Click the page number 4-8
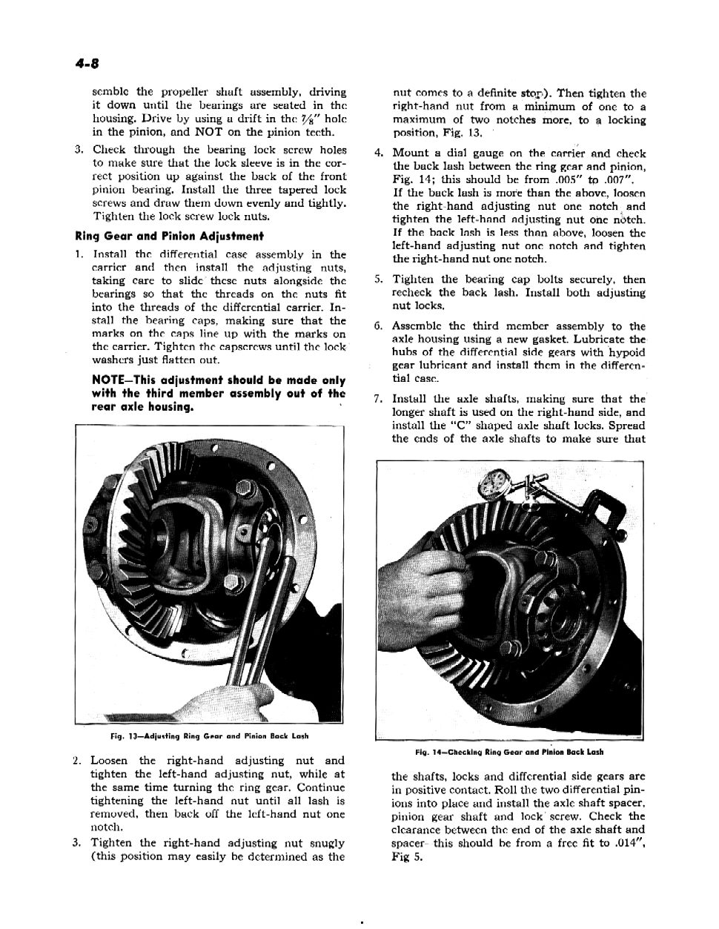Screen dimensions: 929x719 [x=89, y=65]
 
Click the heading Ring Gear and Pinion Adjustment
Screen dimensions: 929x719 [x=170, y=237]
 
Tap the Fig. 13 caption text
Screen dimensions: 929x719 [x=208, y=736]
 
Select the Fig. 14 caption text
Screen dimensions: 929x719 [x=509, y=752]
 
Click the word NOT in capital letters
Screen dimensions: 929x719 [x=209, y=133]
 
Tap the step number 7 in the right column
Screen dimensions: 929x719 [x=378, y=399]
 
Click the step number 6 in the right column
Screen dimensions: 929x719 [x=378, y=326]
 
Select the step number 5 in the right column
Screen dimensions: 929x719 [x=378, y=280]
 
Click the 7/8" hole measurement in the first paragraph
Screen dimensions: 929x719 [x=304, y=119]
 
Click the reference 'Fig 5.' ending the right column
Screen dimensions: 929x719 [x=407, y=856]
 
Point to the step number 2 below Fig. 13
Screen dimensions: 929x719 [x=77, y=761]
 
